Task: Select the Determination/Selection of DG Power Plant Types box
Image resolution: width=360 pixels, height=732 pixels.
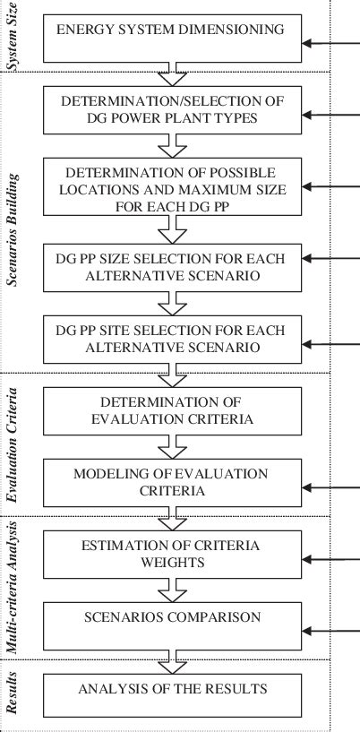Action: point(169,111)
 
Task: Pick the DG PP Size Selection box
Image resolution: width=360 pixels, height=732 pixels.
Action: point(169,266)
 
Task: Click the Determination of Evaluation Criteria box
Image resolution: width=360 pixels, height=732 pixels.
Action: point(169,411)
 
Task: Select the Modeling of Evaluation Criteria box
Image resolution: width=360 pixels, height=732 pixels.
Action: point(169,480)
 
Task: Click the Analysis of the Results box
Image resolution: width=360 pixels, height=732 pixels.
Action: point(169,691)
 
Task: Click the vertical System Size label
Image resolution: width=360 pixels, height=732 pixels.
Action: point(12,36)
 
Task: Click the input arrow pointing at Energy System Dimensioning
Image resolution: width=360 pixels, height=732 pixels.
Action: point(331,42)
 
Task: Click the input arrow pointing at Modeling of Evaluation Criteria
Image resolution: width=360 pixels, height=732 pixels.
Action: point(331,487)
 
